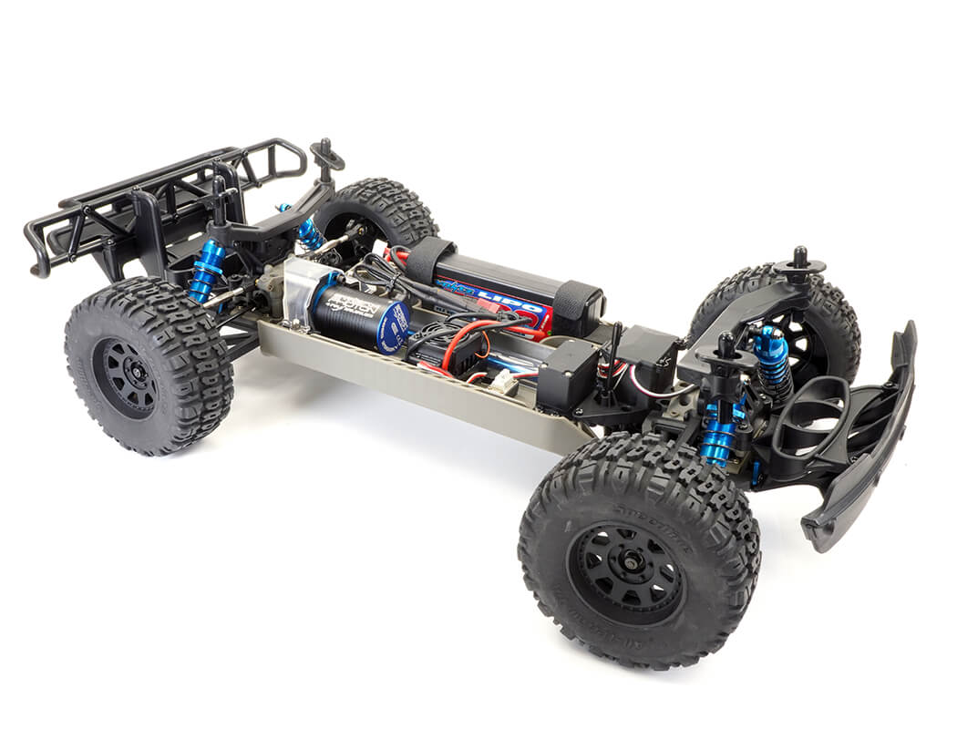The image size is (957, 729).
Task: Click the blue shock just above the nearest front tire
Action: tap(720, 433)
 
